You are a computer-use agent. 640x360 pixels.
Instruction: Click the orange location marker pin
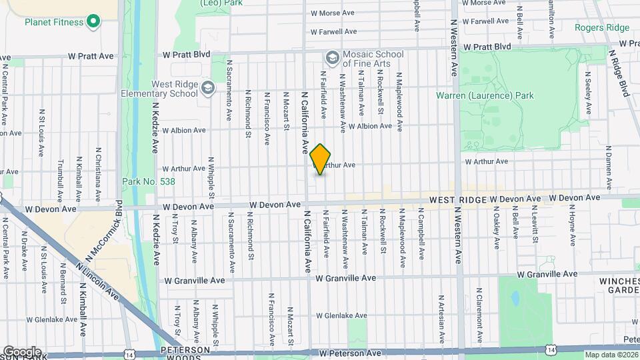click(x=321, y=159)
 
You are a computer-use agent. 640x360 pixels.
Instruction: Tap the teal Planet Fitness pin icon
click(x=93, y=22)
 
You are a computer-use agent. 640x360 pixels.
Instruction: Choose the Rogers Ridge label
click(x=601, y=27)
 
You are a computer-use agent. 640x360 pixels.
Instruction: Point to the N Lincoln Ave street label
click(x=96, y=281)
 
